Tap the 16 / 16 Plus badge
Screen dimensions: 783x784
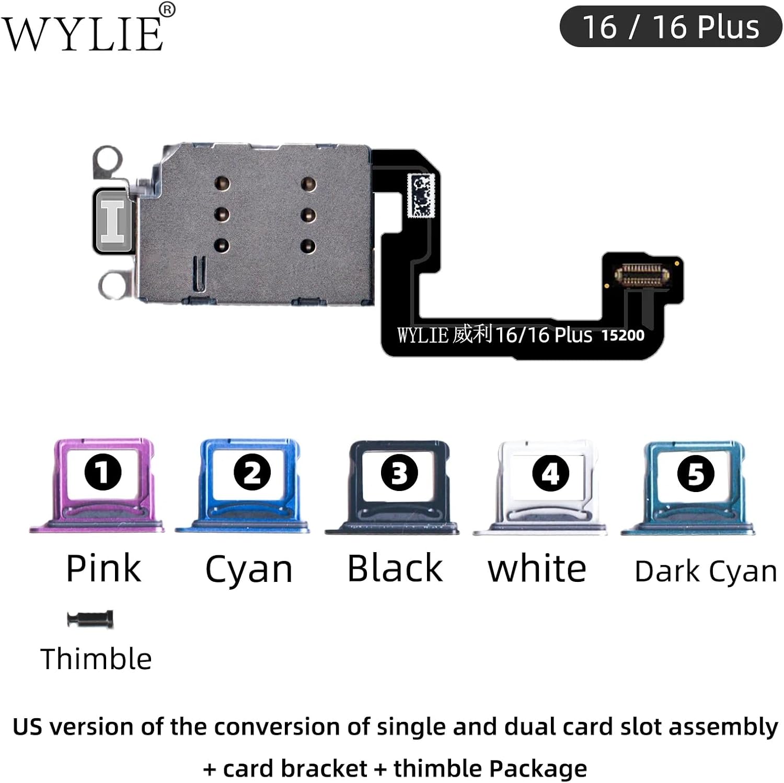pos(671,27)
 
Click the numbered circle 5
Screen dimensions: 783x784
pos(696,474)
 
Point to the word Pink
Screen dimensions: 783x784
pos(103,568)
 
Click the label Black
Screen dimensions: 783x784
pos(395,568)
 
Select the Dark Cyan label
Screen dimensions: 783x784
pos(706,571)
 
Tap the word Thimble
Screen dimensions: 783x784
pos(96,659)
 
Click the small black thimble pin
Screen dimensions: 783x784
pos(90,620)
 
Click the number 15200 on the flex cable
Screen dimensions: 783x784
pos(622,335)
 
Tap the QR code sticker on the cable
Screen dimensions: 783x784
pos(421,195)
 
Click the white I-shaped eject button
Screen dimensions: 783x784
pos(112,221)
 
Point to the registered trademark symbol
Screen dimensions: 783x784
pos(167,9)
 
